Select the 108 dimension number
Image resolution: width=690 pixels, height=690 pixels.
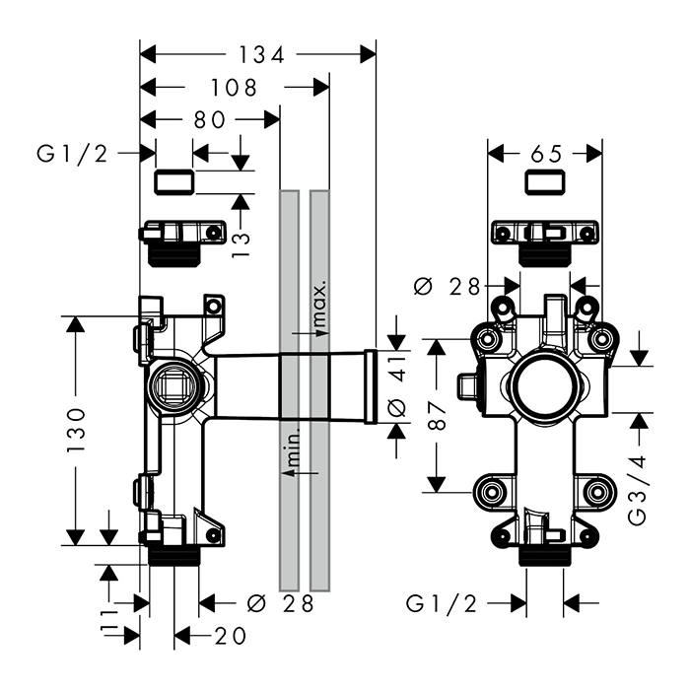pyautogui.click(x=234, y=89)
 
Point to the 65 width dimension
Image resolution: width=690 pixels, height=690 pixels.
pyautogui.click(x=546, y=154)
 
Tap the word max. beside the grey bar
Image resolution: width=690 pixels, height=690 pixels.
pyautogui.click(x=318, y=305)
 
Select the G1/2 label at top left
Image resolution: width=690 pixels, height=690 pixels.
pyautogui.click(x=72, y=153)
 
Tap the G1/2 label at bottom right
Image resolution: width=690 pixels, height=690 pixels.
pyautogui.click(x=442, y=603)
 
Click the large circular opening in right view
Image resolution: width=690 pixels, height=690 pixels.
pyautogui.click(x=545, y=386)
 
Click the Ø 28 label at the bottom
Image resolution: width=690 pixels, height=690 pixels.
pyautogui.click(x=280, y=603)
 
